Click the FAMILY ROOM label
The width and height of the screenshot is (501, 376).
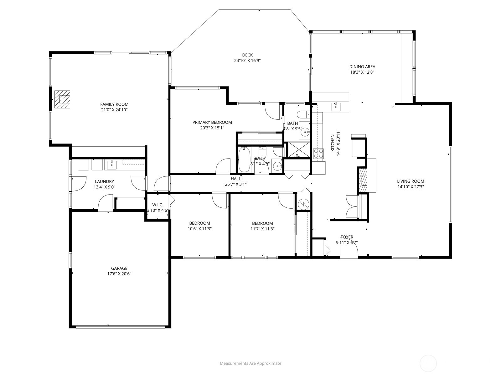(x=114, y=104)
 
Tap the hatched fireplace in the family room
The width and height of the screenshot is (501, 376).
(x=62, y=99)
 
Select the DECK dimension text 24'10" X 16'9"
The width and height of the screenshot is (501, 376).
(x=247, y=61)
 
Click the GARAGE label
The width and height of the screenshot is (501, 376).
(x=119, y=268)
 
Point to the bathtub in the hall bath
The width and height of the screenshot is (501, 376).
(x=244, y=160)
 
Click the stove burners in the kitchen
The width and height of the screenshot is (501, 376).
(x=318, y=154)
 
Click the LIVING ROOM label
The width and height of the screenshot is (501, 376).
(x=411, y=181)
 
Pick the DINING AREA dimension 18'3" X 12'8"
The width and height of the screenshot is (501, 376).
(x=362, y=72)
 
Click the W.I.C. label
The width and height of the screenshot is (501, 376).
(x=158, y=205)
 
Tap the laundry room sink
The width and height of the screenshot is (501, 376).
(x=111, y=164)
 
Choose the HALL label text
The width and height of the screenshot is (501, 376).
(x=236, y=179)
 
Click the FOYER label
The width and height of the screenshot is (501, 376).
(x=347, y=237)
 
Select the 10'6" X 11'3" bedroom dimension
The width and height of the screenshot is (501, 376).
(x=199, y=229)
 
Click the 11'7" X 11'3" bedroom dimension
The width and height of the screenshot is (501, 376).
(x=262, y=229)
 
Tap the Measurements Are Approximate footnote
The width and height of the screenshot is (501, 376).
(x=250, y=363)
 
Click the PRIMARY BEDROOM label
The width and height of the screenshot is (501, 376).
(x=212, y=122)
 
